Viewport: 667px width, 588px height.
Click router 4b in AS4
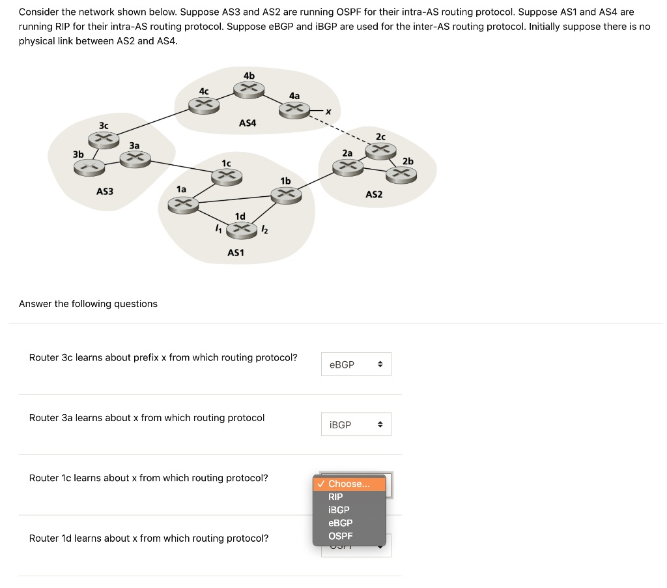(248, 90)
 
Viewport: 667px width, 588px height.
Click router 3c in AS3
(104, 139)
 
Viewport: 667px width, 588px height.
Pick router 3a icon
(135, 158)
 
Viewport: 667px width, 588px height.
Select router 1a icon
(182, 204)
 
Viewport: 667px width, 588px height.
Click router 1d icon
(240, 229)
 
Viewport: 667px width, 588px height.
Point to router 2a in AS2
(347, 167)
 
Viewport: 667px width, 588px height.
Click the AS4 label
(248, 123)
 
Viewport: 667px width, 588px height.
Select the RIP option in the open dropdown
(336, 497)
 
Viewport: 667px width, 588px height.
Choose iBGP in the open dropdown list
(339, 510)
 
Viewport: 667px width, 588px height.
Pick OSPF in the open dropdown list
(341, 536)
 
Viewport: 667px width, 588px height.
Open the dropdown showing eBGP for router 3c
(356, 364)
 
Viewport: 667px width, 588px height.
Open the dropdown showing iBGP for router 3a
(356, 424)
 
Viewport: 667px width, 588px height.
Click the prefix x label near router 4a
(328, 112)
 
